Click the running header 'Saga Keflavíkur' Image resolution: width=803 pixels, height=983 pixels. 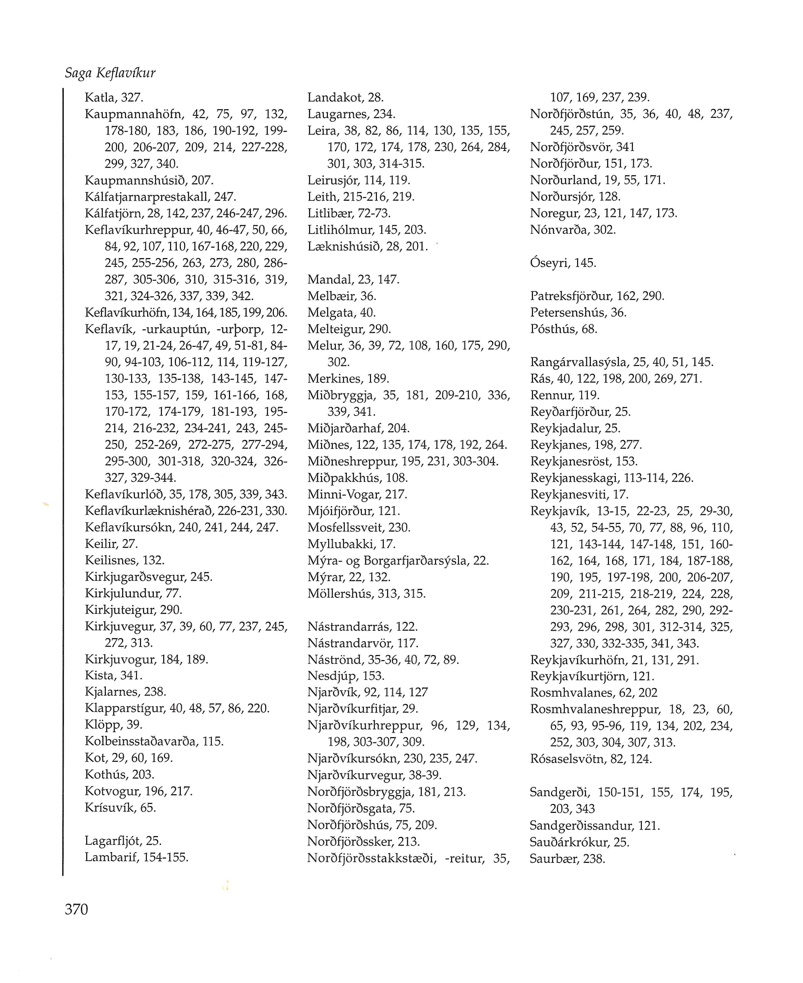tap(110, 73)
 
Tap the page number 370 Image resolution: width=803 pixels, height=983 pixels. tap(76, 910)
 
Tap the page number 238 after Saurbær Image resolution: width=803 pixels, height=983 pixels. tap(594, 859)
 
